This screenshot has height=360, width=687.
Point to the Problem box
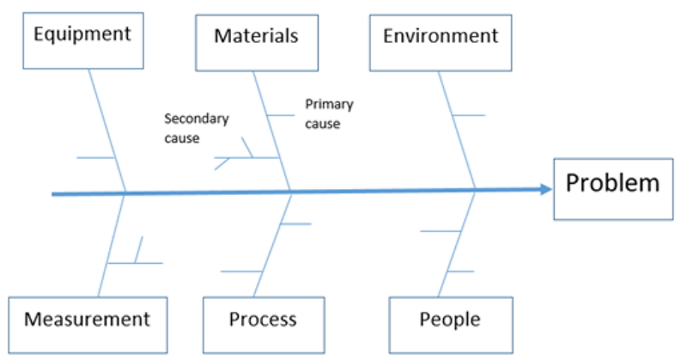click(612, 188)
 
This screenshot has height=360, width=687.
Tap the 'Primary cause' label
click(329, 113)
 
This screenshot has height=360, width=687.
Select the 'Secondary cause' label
click(196, 128)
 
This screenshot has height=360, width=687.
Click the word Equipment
click(82, 34)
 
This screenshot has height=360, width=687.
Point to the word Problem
click(612, 183)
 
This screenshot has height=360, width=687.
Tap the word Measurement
click(87, 320)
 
